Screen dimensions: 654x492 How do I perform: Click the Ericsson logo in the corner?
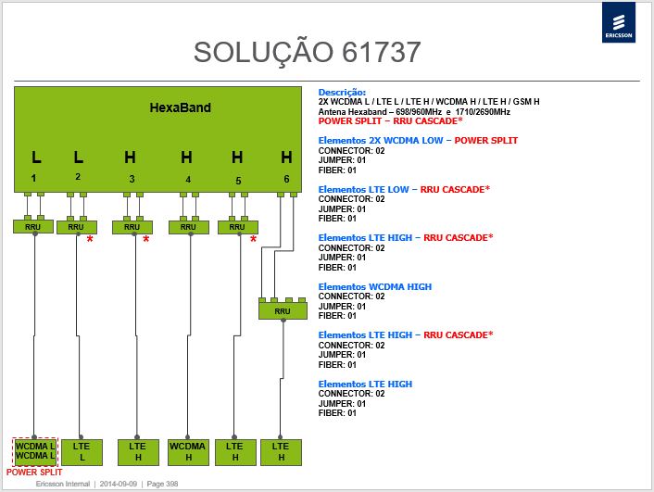[x=619, y=22]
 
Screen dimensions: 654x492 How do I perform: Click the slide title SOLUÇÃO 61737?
[x=307, y=53]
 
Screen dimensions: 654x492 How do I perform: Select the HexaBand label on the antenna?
[x=181, y=107]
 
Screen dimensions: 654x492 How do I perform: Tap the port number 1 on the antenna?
[x=33, y=178]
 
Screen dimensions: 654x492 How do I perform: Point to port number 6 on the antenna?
[x=286, y=179]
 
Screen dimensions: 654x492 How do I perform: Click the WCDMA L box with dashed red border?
[x=35, y=451]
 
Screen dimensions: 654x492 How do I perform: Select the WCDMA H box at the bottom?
[x=188, y=452]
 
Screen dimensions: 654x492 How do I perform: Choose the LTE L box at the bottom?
[x=82, y=452]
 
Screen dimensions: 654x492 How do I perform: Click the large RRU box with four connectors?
[x=283, y=311]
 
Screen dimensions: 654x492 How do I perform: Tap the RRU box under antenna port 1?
[x=33, y=227]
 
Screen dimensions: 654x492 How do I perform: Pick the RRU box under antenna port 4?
[x=189, y=227]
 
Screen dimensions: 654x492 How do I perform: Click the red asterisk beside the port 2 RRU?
[x=90, y=240]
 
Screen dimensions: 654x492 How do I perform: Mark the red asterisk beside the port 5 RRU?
[x=253, y=240]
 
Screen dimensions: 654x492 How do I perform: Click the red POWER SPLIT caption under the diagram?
[x=34, y=472]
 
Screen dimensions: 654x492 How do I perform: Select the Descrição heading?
[x=342, y=93]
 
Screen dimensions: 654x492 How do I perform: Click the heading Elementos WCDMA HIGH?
[x=375, y=286]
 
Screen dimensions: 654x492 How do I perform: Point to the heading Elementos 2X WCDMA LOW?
[x=381, y=140]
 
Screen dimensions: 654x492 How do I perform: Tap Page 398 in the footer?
[x=162, y=484]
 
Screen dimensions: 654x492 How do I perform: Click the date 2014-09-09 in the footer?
[x=119, y=484]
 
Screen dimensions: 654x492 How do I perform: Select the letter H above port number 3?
[x=130, y=158]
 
